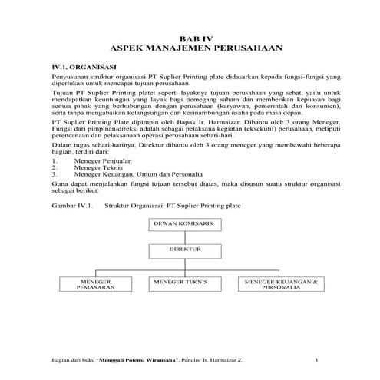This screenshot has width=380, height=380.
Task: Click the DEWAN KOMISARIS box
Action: coord(188,223)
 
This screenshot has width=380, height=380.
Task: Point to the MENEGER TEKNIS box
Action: coord(187,284)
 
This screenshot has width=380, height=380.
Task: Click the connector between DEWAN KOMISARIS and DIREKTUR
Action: coord(188,237)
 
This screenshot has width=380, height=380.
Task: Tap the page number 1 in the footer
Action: coord(317,359)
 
